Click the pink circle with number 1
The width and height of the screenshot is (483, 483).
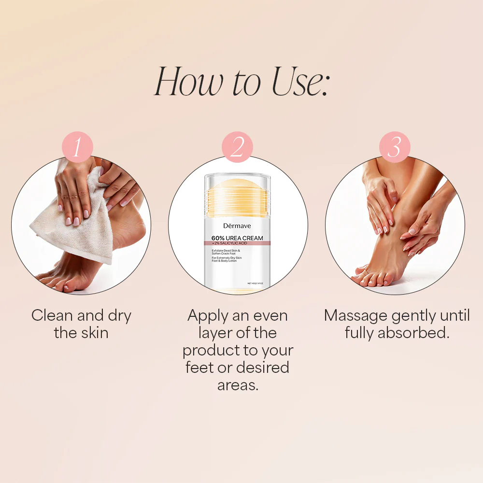77,147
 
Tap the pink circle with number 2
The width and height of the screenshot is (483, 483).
237,147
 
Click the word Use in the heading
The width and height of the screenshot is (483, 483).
295,82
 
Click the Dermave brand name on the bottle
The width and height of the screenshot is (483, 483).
237,226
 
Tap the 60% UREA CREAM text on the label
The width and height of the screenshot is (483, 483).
237,238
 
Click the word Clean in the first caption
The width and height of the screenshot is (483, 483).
52,316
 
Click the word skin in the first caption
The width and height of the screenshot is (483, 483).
95,333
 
